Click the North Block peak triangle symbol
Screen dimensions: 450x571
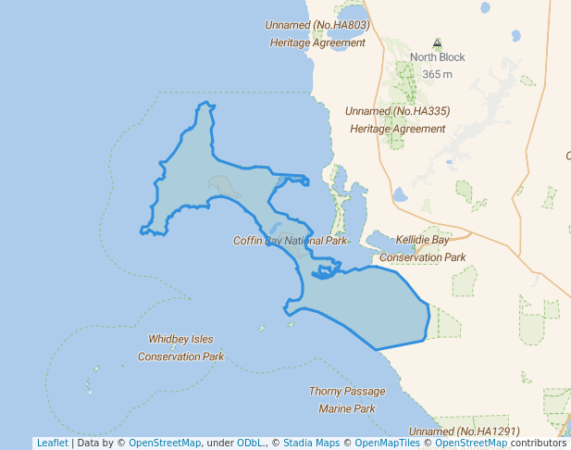(438, 43)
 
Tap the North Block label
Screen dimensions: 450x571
(438, 57)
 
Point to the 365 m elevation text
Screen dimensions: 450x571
(438, 74)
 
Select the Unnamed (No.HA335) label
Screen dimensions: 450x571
(398, 111)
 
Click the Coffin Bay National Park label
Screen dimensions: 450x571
(290, 241)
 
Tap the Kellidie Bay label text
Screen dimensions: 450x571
(422, 240)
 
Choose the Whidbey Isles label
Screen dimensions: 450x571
(181, 339)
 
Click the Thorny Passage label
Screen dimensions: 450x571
(346, 392)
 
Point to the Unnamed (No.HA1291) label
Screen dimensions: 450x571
(465, 431)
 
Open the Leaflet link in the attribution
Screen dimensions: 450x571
(53, 443)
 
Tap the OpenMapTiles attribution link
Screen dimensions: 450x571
(389, 443)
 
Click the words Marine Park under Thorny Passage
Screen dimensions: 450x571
(346, 408)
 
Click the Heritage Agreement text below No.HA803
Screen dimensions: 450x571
(317, 43)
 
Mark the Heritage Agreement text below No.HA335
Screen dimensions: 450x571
(398, 129)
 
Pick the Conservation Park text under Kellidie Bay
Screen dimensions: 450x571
(422, 256)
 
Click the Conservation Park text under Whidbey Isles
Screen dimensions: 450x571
(181, 356)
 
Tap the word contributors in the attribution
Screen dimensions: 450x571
(539, 443)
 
